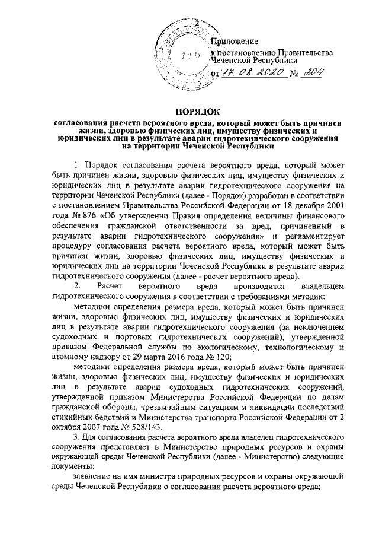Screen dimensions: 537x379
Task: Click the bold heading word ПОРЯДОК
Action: point(190,111)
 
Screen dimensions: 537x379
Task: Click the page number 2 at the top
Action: point(189,23)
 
